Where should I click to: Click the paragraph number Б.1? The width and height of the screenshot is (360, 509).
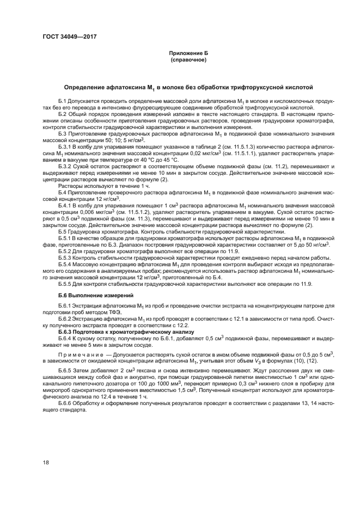(62, 102)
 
